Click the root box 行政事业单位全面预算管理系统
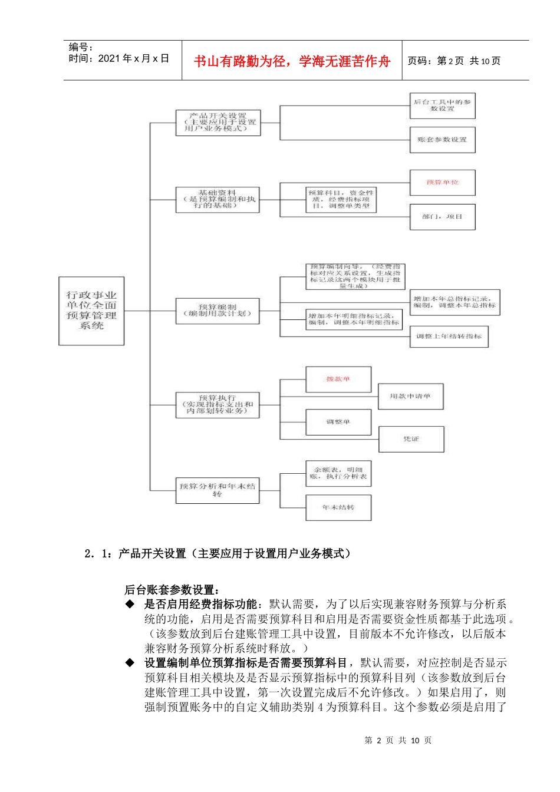pyautogui.click(x=91, y=311)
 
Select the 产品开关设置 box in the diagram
pyautogui.click(x=218, y=123)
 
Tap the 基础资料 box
pyautogui.click(x=218, y=200)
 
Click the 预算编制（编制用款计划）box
pyautogui.click(x=218, y=311)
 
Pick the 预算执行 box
pyautogui.click(x=218, y=405)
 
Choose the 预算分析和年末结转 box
pyautogui.click(x=218, y=490)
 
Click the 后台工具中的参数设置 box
pyautogui.click(x=442, y=105)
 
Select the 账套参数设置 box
pyautogui.click(x=442, y=140)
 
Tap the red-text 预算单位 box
pyautogui.click(x=442, y=183)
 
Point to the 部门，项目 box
pyautogui.click(x=442, y=217)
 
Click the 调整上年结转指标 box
pyautogui.click(x=449, y=336)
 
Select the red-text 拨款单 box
pyautogui.click(x=338, y=379)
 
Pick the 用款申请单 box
pyautogui.click(x=410, y=397)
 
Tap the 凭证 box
pyautogui.click(x=411, y=439)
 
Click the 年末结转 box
pyautogui.click(x=338, y=507)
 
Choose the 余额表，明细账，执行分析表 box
pyautogui.click(x=338, y=473)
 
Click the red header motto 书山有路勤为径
pyautogui.click(x=292, y=61)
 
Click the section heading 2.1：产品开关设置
pyautogui.click(x=218, y=553)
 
